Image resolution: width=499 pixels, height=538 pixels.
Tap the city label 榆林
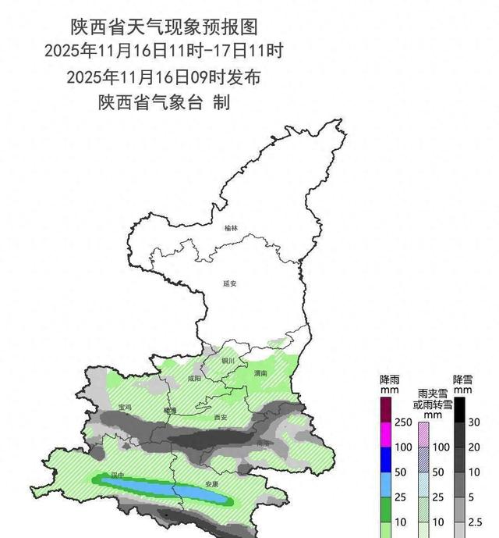(x=230, y=228)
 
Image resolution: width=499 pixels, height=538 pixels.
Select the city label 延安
(x=229, y=284)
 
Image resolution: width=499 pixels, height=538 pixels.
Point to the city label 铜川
(x=228, y=361)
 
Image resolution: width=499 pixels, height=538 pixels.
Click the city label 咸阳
(x=194, y=378)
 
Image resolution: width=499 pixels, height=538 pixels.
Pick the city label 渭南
(x=261, y=374)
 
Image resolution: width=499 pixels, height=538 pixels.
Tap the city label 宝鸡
(x=125, y=407)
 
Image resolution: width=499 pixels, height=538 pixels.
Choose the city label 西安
(x=220, y=418)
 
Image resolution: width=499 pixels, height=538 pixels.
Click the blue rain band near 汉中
(x=164, y=489)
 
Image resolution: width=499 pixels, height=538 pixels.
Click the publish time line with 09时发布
(x=164, y=77)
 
